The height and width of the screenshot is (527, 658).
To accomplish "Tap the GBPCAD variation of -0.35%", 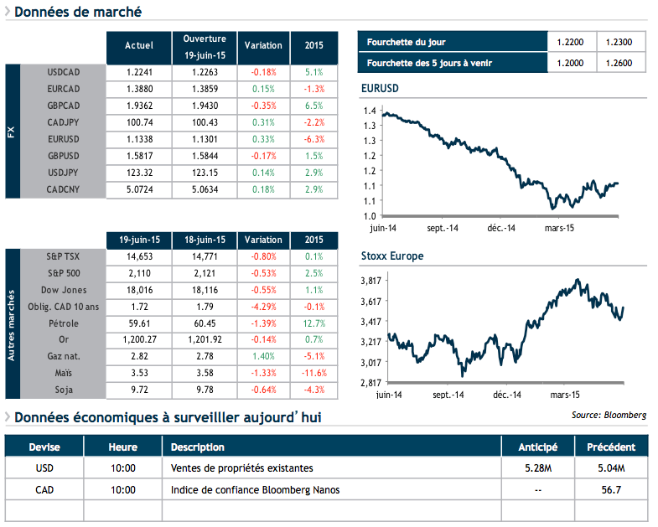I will (263, 106).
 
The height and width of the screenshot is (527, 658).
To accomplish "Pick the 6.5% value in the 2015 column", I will (314, 106).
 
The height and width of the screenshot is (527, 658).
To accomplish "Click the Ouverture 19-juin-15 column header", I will (205, 46).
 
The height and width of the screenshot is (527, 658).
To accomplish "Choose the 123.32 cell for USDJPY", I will (139, 173).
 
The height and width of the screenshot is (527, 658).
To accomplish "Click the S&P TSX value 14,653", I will (139, 256).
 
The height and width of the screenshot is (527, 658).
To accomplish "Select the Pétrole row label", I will (65, 323).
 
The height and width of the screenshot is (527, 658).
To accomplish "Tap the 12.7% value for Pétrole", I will (314, 323).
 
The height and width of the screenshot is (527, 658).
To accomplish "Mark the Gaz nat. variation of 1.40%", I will (263, 357).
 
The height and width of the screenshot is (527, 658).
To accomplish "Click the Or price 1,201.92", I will (205, 340).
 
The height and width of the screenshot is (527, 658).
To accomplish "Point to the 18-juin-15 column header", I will (205, 240).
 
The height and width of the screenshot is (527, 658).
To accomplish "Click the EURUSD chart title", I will (380, 89).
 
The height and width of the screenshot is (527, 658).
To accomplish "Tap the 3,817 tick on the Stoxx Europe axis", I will (370, 281).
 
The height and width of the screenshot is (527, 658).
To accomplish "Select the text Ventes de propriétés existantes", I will (241, 468).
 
